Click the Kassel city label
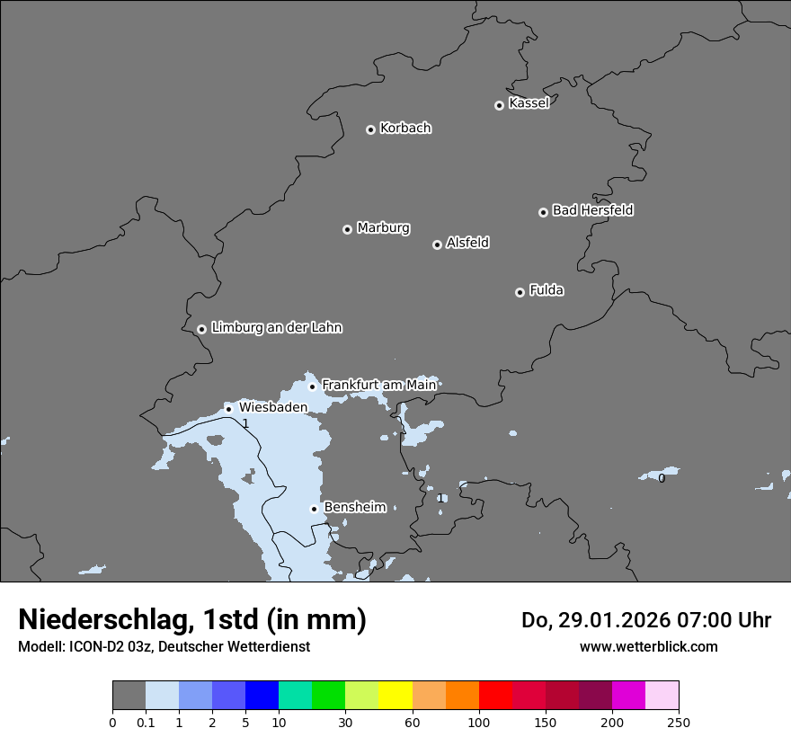[x=529, y=103]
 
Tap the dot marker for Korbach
[x=370, y=129]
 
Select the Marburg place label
[x=383, y=228]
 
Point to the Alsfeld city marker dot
[x=437, y=244]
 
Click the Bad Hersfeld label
[x=592, y=210]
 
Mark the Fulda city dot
[x=520, y=292]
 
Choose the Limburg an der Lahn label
[x=276, y=328]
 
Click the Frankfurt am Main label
[x=378, y=385]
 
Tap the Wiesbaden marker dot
[x=228, y=409]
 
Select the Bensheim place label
[x=354, y=507]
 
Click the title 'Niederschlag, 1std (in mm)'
[x=192, y=619]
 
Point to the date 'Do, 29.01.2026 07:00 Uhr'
[x=645, y=620]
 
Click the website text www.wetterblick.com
[x=648, y=647]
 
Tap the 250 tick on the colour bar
[x=679, y=723]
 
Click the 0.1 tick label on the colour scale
[x=146, y=723]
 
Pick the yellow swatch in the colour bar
[x=395, y=696]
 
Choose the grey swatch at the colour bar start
[x=129, y=696]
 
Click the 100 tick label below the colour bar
[x=479, y=723]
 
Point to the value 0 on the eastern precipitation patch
[x=662, y=478]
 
